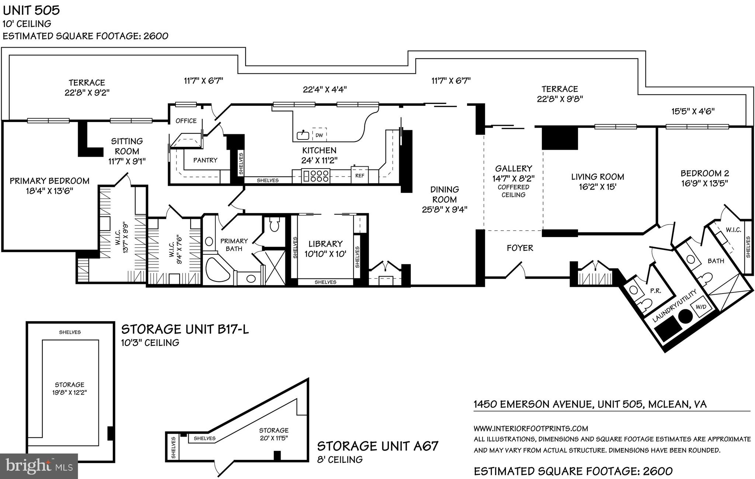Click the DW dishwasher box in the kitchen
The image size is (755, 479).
(x=319, y=135)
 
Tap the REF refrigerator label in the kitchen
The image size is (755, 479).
(x=359, y=176)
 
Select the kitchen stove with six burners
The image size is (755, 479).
(x=316, y=176)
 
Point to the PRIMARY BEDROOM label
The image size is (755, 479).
(x=49, y=181)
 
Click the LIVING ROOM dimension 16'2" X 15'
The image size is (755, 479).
(x=597, y=187)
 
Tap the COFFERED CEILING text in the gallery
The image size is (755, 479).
(x=513, y=191)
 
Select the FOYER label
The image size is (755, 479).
(x=520, y=248)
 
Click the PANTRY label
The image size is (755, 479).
(x=205, y=160)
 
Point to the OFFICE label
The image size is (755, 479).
(x=186, y=121)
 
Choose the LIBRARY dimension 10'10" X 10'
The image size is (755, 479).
(x=325, y=254)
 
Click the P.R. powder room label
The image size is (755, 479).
(x=655, y=291)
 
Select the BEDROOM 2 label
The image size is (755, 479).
(x=704, y=173)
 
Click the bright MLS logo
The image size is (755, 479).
(x=39, y=466)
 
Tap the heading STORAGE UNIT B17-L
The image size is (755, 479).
(x=185, y=329)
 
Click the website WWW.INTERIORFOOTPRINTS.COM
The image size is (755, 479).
(x=530, y=428)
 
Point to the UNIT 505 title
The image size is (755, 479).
(x=31, y=10)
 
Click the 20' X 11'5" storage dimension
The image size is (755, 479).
(x=273, y=438)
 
